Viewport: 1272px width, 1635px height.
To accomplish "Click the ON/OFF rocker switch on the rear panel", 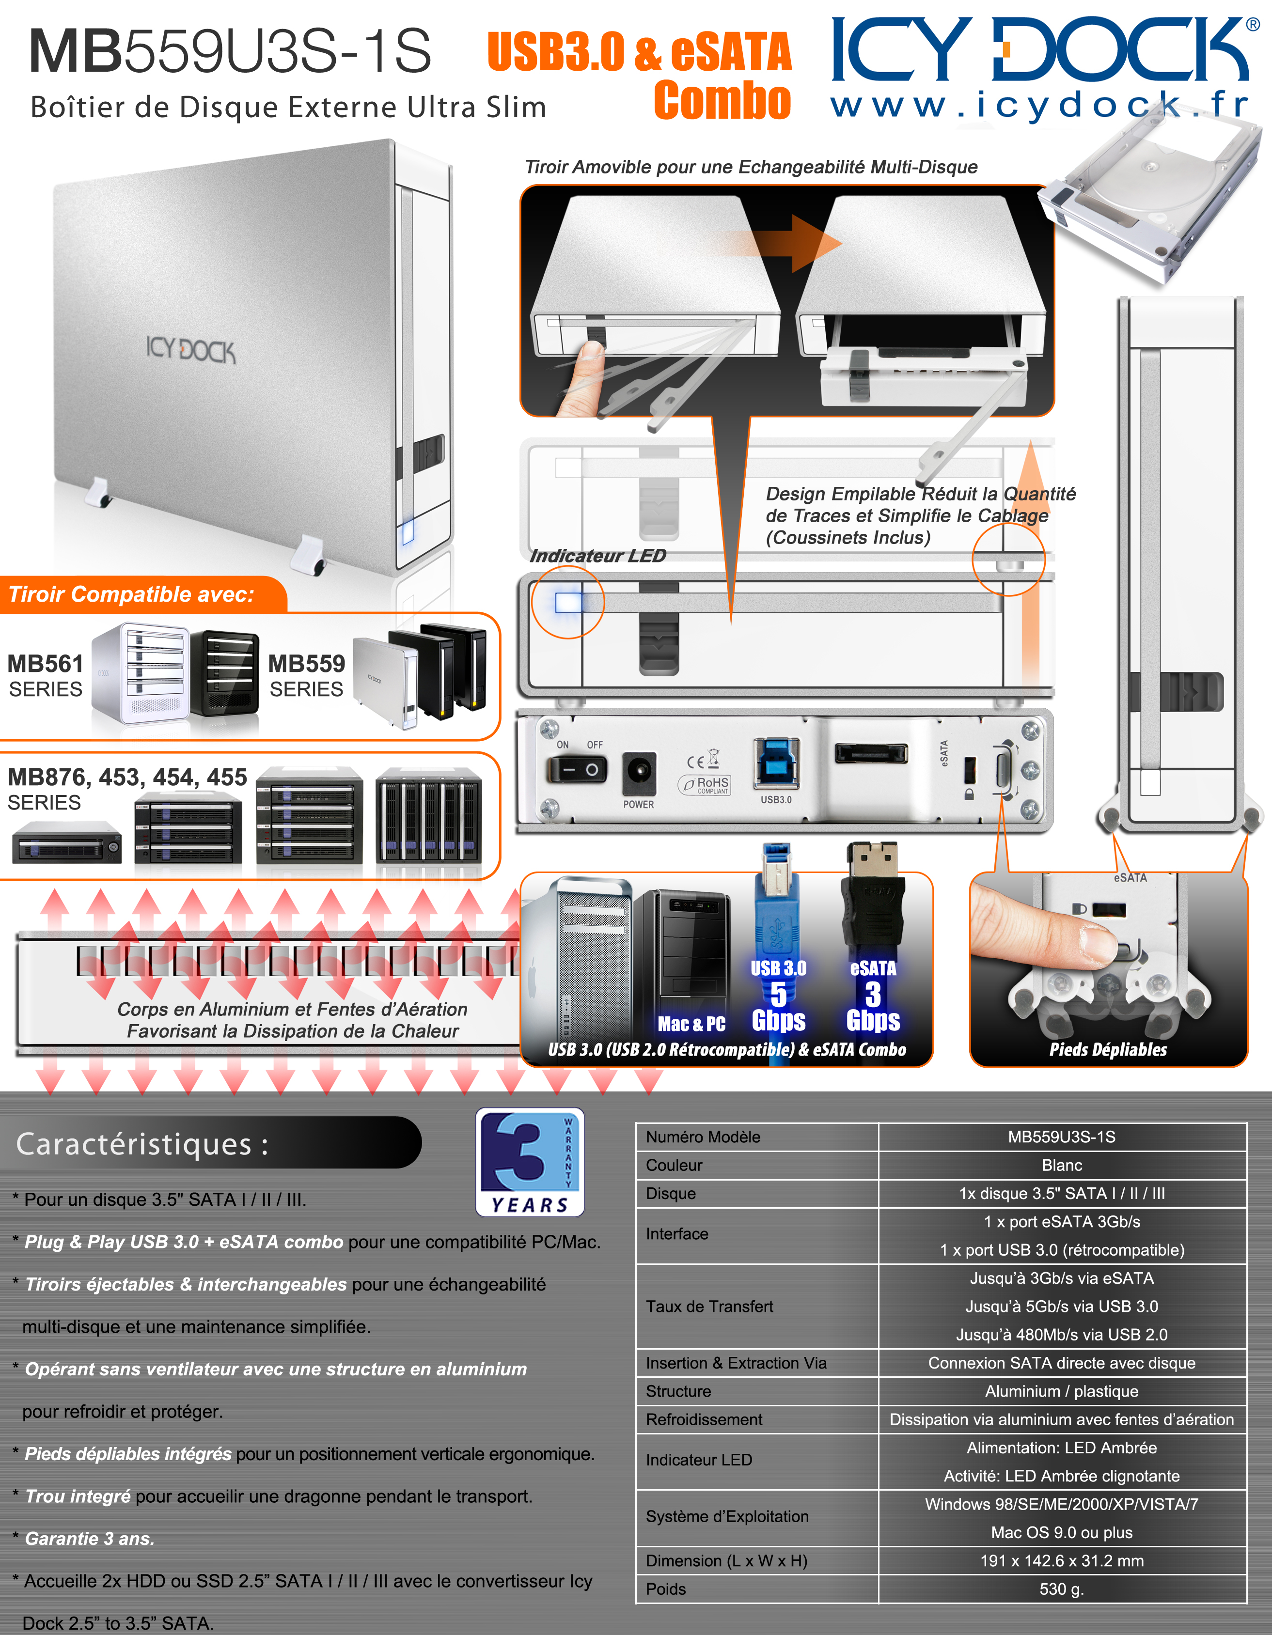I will click(577, 769).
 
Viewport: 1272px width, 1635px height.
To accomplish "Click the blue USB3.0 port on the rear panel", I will click(776, 763).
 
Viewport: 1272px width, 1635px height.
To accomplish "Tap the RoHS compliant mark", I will click(705, 784).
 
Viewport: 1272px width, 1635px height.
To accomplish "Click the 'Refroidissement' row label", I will click(704, 1419).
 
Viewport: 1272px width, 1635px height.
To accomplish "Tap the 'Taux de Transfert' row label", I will click(709, 1307).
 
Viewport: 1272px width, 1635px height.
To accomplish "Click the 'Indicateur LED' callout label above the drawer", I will click(597, 556).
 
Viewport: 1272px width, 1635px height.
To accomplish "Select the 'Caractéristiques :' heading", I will click(142, 1144).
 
